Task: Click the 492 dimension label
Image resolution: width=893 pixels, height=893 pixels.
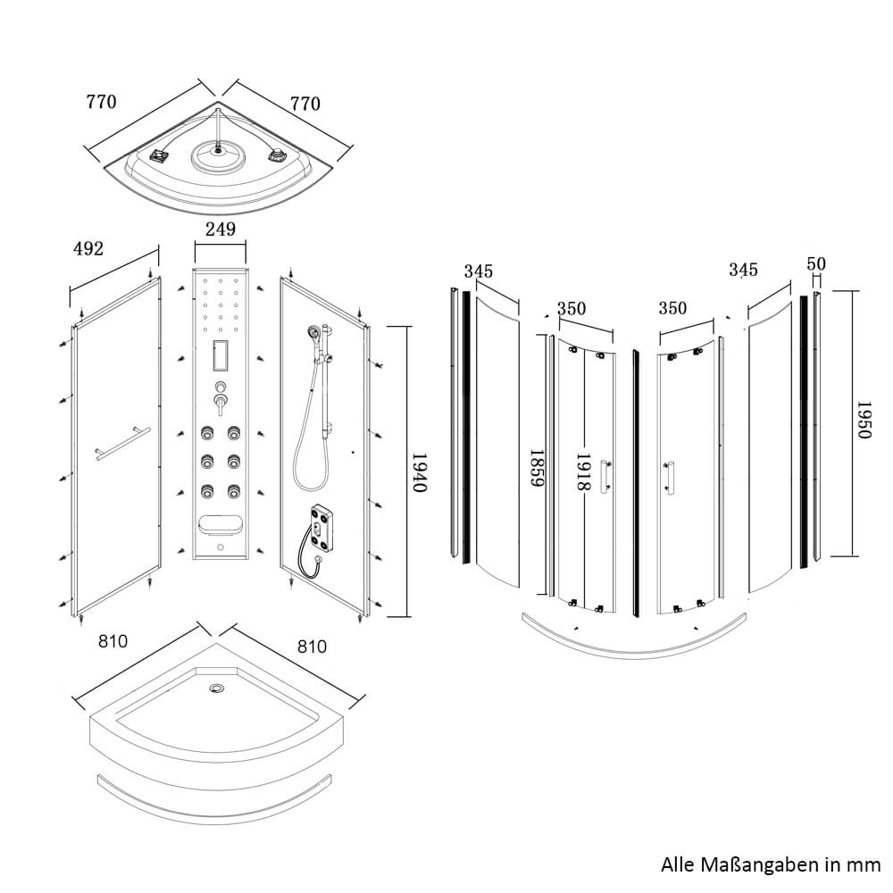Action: point(88,248)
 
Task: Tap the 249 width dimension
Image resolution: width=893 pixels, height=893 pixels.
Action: point(220,230)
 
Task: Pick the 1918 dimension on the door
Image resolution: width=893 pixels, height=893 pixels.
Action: point(583,472)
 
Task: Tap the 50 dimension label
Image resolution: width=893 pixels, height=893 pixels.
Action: point(816,264)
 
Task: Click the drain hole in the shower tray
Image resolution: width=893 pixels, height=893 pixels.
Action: point(217,689)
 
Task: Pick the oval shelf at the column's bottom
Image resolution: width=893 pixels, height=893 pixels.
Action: point(220,524)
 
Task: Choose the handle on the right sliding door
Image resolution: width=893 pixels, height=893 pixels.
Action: point(668,474)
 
